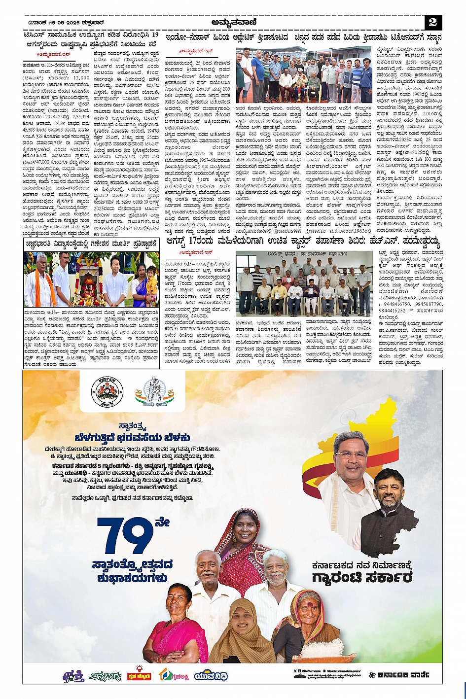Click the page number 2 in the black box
432,22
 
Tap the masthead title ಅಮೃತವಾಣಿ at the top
233,22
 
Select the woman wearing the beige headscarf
241,631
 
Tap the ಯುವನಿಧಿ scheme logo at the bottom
211,676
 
